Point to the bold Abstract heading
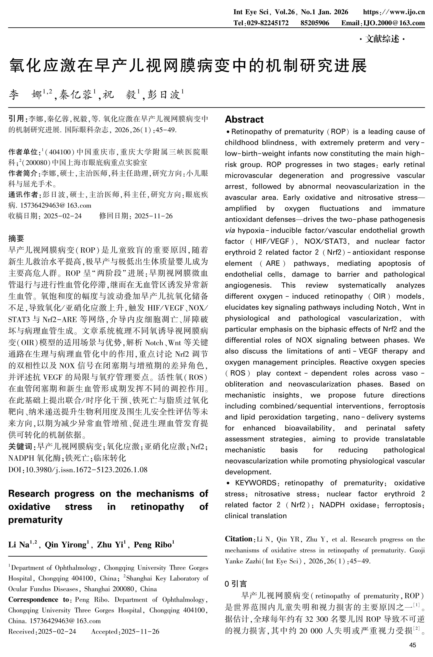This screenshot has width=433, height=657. [244, 119]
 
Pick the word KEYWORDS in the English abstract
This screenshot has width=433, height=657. [255, 483]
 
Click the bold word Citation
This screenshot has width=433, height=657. [239, 539]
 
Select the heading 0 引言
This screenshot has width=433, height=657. [236, 584]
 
